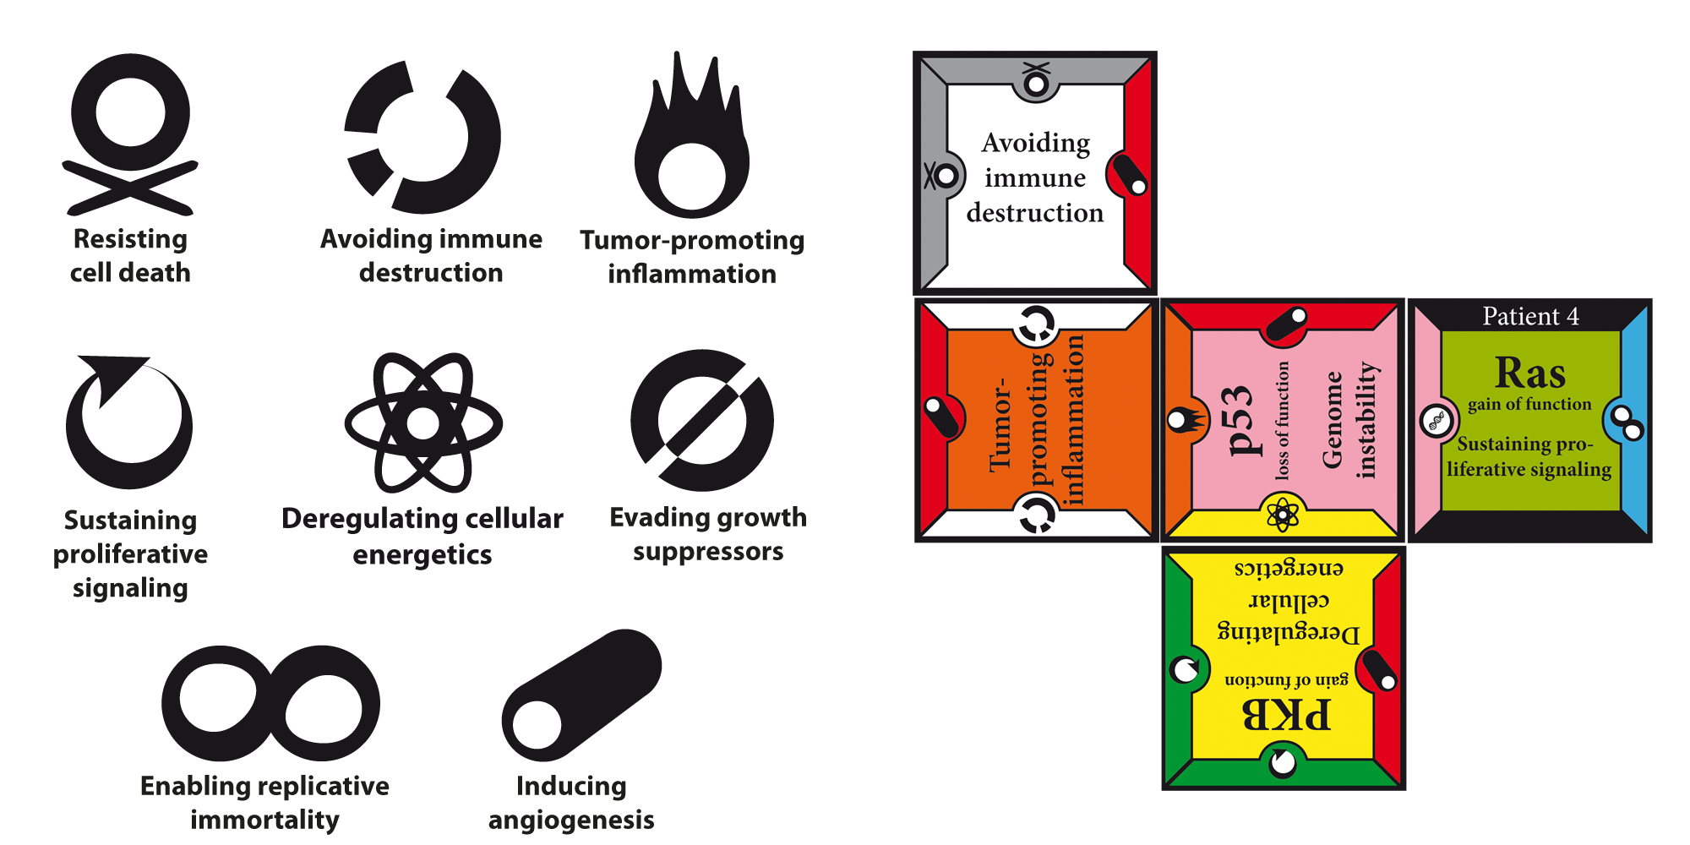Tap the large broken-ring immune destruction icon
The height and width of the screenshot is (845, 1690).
(x=422, y=137)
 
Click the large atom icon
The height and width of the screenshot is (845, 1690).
(x=422, y=422)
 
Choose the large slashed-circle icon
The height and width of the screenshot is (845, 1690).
(x=702, y=420)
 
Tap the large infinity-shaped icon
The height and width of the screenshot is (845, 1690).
(x=270, y=704)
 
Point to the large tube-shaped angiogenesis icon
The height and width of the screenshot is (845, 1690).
(x=581, y=695)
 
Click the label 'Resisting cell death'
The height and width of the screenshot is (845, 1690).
(x=130, y=256)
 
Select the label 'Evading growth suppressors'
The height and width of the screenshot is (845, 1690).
(x=708, y=534)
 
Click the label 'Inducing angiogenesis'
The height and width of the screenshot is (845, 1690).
(x=571, y=803)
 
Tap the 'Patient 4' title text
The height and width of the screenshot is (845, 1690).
(x=1530, y=316)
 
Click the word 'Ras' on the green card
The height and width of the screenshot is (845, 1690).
(x=1529, y=373)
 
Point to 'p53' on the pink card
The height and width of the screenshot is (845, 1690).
(x=1239, y=420)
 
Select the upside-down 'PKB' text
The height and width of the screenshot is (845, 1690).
(x=1286, y=715)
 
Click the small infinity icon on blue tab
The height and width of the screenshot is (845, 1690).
(x=1627, y=422)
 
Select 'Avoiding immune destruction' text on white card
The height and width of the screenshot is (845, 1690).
(x=1035, y=177)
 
